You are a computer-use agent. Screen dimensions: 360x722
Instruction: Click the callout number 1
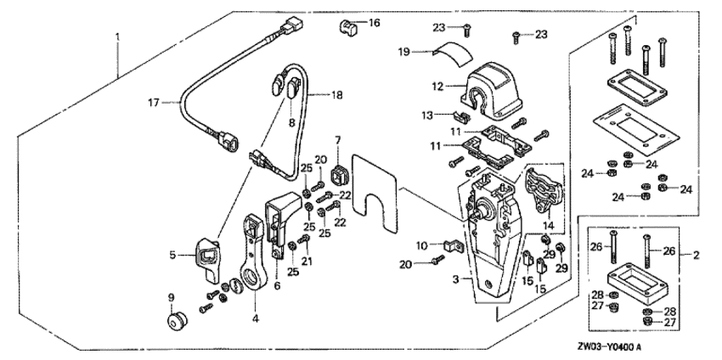tap(118, 37)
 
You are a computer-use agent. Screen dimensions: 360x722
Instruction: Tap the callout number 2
tap(697, 254)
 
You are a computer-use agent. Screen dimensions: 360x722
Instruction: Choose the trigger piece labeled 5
tap(206, 254)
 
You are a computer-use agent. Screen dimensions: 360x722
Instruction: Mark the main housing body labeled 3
tap(488, 263)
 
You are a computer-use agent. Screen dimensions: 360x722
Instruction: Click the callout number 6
tap(277, 287)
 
